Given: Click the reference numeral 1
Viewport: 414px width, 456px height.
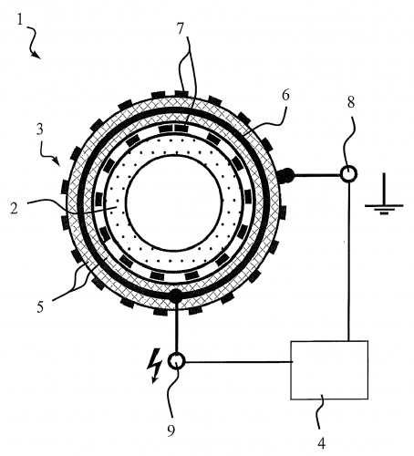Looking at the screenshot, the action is [20, 21].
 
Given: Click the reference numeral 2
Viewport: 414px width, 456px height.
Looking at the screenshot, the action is [14, 208].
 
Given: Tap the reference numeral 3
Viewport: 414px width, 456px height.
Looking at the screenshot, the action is [40, 130].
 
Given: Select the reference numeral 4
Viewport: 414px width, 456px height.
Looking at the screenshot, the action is [322, 443].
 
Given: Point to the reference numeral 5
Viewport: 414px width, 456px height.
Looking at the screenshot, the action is [40, 307].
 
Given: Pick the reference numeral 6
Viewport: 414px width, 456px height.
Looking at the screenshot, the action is [285, 96].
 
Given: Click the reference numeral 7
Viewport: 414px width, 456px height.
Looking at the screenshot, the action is [181, 29].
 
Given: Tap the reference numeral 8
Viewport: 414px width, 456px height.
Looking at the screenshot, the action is [351, 102].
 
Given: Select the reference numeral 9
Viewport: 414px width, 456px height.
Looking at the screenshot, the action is [171, 430].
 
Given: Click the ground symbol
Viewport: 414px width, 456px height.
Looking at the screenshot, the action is [384, 194].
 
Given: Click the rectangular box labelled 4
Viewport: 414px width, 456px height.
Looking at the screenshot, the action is [329, 370].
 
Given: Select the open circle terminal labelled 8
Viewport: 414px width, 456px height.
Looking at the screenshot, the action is [348, 174].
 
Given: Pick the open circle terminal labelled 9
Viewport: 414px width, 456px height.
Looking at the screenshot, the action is [176, 361].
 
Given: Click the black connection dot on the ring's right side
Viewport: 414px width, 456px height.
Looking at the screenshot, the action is [286, 175].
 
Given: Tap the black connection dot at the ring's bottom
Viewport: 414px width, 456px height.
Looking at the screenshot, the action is [176, 295].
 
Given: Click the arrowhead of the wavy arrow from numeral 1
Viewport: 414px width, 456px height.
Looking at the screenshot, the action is [37, 55].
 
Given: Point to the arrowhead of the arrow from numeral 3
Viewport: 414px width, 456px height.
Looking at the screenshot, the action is [57, 161].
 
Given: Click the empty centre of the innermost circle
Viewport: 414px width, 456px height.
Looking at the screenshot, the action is [174, 203].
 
